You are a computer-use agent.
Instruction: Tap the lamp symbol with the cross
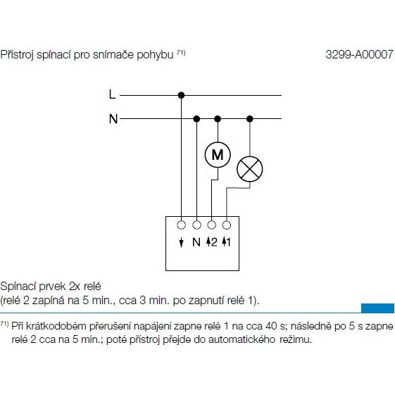[250, 169]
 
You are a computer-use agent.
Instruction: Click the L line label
[113, 95]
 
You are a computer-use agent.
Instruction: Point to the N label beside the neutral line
[113, 119]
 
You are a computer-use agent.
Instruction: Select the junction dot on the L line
[181, 95]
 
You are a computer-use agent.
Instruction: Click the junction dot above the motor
[218, 119]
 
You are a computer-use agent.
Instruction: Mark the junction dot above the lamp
[250, 119]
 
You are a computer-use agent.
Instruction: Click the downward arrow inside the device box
[181, 242]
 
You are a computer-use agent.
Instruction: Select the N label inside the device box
[196, 242]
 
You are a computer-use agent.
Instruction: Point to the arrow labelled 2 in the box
[208, 242]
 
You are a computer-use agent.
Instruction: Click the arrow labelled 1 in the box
[224, 242]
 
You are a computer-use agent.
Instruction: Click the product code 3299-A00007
[359, 54]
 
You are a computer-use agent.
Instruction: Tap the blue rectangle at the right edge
[377, 308]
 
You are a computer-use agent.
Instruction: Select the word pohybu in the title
[155, 55]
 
